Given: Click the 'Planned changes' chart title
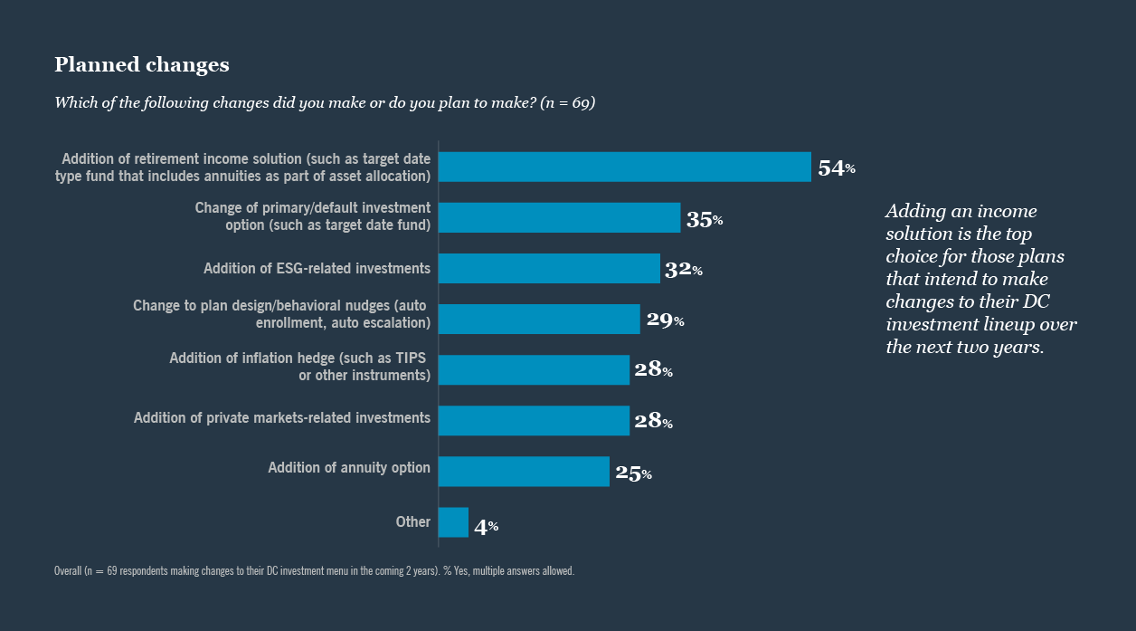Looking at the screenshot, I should click(x=142, y=65).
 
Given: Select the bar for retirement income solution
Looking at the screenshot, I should click(x=625, y=167).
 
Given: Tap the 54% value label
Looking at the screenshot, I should click(x=836, y=167).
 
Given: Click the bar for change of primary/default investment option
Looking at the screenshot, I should click(x=559, y=217).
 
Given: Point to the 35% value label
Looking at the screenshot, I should click(x=704, y=219).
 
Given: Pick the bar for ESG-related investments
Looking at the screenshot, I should click(x=549, y=268).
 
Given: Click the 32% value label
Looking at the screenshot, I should click(x=683, y=270).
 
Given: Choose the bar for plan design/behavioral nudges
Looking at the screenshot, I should click(x=539, y=319).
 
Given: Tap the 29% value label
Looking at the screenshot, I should click(x=665, y=320).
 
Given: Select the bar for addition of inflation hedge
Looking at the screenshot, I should click(x=534, y=369).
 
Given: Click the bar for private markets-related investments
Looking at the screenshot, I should click(x=534, y=420).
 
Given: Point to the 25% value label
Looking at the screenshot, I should click(x=633, y=473).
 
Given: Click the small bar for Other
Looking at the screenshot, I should click(x=453, y=522).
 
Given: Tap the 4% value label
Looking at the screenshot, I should click(x=486, y=526).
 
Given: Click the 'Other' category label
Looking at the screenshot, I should click(x=412, y=521).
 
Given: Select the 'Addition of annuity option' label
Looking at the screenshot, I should click(x=349, y=468).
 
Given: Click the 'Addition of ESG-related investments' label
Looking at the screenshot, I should click(x=317, y=268).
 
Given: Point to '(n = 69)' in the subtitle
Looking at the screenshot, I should click(x=566, y=103).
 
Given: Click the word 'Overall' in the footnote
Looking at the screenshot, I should click(x=66, y=571).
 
